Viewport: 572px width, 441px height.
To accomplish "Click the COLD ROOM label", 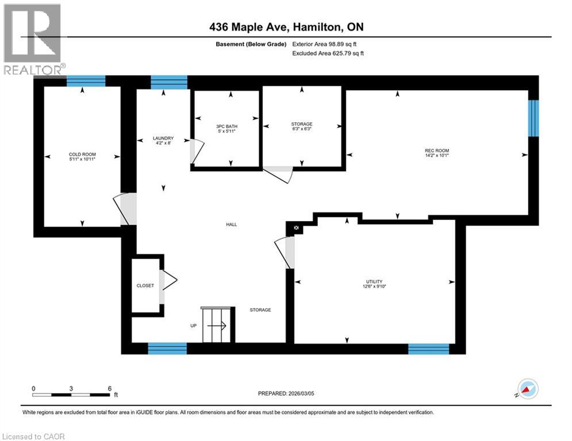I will click(82, 154).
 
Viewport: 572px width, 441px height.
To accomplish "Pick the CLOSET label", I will click(145, 285).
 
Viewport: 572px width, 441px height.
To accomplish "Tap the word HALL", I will click(231, 225).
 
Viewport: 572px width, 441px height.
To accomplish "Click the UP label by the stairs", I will click(193, 326).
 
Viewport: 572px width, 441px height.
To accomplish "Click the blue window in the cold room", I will click(86, 82).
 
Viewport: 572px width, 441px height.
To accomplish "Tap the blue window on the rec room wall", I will click(533, 118).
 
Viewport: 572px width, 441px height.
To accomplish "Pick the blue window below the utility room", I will click(428, 349).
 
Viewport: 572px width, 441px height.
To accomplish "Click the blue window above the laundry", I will click(169, 82).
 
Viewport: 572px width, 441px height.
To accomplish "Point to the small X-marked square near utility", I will click(297, 228).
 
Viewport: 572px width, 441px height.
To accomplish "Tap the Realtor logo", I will click(32, 39).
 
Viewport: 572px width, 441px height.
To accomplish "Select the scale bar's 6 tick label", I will click(109, 388).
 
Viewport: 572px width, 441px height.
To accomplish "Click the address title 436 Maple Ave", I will click(286, 27).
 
